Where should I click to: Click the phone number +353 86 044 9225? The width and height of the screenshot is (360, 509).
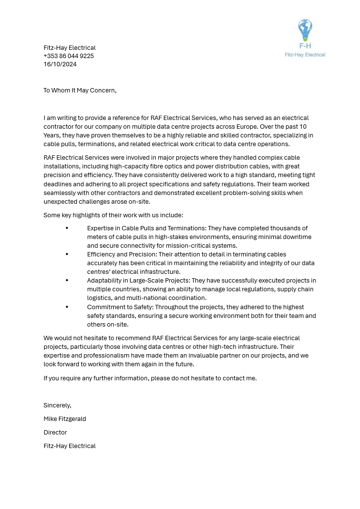69,56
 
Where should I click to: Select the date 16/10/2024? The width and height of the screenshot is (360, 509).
60,64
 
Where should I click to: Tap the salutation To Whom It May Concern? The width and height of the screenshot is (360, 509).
80,90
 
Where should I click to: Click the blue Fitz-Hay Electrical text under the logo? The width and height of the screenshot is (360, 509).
305,55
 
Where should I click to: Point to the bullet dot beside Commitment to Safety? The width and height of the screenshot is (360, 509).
67,307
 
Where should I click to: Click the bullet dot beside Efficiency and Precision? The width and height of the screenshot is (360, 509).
67,254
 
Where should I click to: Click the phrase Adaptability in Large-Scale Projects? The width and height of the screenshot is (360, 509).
138,281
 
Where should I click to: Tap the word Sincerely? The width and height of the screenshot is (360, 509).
57,405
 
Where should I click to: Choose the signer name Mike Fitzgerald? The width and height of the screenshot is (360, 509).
65,419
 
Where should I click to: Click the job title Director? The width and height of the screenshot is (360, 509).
55,433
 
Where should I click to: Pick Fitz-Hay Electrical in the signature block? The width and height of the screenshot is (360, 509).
70,446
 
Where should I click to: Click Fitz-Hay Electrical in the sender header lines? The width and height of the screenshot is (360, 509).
70,48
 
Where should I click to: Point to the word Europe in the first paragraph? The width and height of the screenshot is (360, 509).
246,127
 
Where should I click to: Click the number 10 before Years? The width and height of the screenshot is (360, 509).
303,127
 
